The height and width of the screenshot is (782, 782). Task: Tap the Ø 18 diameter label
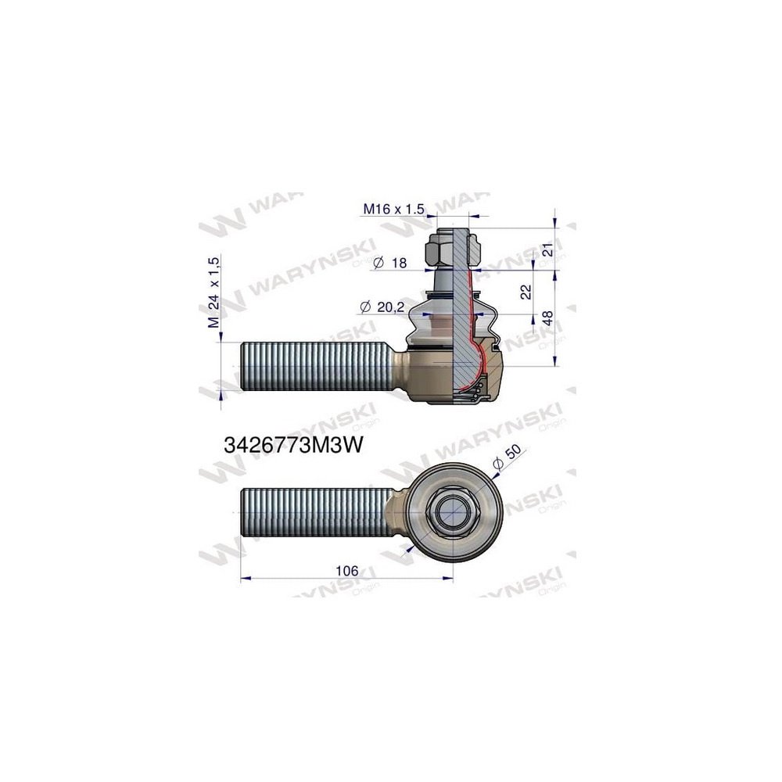pos(391,264)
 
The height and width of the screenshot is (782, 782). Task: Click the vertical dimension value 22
pos(526,292)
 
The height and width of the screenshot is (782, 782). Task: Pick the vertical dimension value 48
pos(547,318)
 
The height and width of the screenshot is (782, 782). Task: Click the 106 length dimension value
pos(346,570)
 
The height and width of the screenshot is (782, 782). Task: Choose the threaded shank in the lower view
pos(317,512)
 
